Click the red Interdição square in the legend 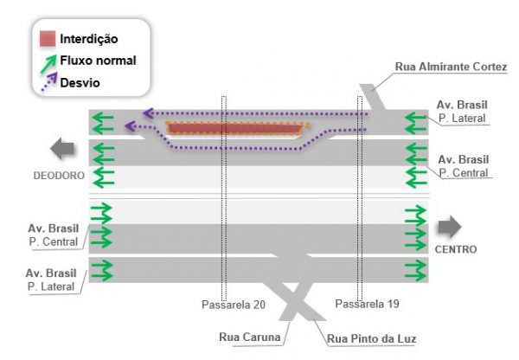click(48, 39)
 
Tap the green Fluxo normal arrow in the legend click(47, 61)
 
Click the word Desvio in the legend click(80, 83)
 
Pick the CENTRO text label click(457, 249)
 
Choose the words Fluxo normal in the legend click(98, 61)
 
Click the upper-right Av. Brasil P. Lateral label click(463, 113)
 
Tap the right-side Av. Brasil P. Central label click(463, 166)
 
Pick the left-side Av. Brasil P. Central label click(54, 235)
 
